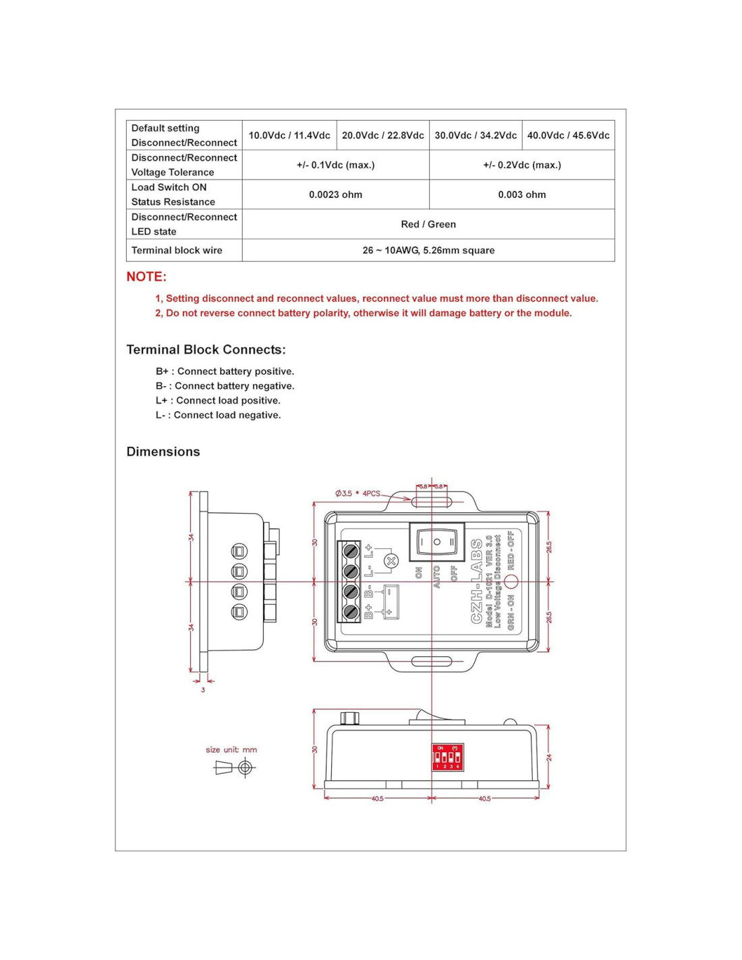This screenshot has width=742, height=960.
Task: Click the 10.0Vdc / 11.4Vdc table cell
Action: pos(289,135)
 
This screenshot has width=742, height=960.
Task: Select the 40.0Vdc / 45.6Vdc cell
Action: pos(568,135)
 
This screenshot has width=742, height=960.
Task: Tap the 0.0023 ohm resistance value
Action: pos(335,194)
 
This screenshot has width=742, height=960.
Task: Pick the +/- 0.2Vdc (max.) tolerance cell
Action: pos(521,165)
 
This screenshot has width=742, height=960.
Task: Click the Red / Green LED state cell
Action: pos(428,224)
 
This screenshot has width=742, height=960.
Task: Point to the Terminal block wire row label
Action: pos(177,250)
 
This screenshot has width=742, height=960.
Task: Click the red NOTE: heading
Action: pos(146,277)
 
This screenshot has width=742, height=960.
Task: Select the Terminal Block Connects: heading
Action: pos(206,350)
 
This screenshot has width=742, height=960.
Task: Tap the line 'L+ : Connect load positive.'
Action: pos(218,400)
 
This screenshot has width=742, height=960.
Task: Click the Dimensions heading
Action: pos(163,452)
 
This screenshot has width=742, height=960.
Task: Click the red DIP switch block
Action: pos(447,757)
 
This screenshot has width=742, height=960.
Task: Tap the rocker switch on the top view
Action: pos(436,541)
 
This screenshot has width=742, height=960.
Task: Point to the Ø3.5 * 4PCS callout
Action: pos(358,494)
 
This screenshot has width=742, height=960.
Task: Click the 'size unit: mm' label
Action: pos(231,749)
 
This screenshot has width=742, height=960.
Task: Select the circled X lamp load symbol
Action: pos(391,561)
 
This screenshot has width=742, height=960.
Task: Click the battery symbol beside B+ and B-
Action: pos(390,601)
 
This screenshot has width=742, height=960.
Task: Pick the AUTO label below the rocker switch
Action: pos(436,577)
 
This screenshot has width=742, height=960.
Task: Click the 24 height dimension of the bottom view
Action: pos(549,757)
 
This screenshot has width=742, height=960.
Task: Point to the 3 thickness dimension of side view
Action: pos(203,689)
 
